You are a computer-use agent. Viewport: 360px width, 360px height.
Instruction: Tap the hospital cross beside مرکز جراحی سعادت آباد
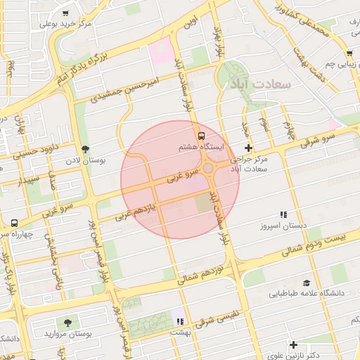pos(248,148)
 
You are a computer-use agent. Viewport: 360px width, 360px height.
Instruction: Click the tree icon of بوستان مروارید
pos(67,323)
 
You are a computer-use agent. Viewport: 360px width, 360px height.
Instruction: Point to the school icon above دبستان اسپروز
pos(283,214)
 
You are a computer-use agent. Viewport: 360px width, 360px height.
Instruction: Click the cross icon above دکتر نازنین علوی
pos(294,345)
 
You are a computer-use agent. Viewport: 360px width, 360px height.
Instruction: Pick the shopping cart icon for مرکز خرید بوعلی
pos(65,13)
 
